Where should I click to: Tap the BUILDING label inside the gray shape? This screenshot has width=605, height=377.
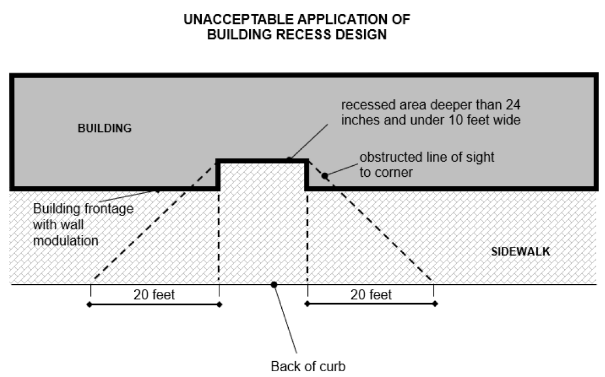pyautogui.click(x=105, y=128)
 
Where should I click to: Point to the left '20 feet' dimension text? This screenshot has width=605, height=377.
pyautogui.click(x=154, y=295)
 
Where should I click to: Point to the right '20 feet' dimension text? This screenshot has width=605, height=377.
pyautogui.click(x=371, y=295)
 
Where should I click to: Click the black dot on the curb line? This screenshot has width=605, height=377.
pyautogui.click(x=274, y=284)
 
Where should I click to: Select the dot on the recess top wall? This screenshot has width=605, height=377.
pyautogui.click(x=289, y=159)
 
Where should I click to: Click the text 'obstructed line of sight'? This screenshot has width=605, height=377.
pyautogui.click(x=427, y=157)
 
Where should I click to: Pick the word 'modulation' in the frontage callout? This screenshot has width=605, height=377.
pyautogui.click(x=66, y=240)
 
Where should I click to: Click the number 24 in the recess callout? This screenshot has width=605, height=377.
pyautogui.click(x=511, y=106)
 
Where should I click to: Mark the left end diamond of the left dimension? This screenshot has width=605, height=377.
pyautogui.click(x=89, y=304)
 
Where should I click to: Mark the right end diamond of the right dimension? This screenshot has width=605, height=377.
pyautogui.click(x=435, y=304)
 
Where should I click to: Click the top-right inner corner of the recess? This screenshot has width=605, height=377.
pyautogui.click(x=306, y=160)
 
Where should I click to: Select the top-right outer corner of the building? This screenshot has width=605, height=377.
pyautogui.click(x=596, y=76)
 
